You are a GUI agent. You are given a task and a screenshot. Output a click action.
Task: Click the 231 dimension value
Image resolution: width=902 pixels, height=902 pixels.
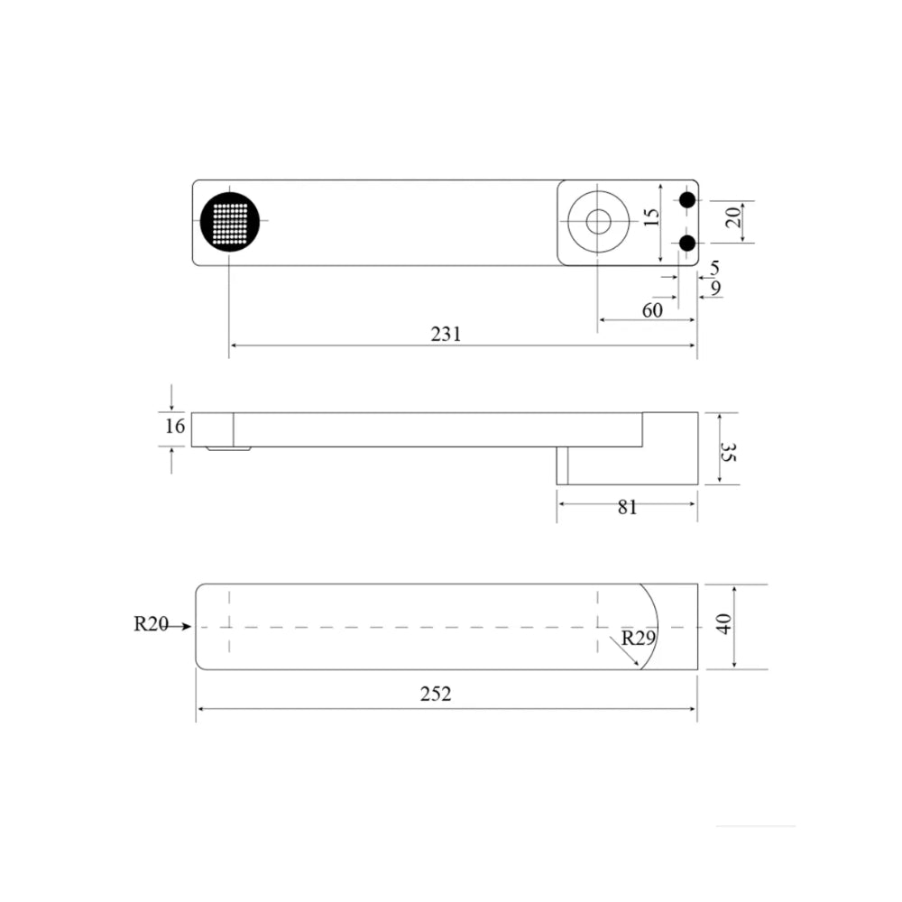coord(446,335)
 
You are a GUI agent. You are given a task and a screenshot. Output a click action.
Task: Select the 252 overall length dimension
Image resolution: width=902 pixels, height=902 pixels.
coord(436,695)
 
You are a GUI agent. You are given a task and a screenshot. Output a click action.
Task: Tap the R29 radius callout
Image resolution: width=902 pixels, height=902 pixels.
coord(639,638)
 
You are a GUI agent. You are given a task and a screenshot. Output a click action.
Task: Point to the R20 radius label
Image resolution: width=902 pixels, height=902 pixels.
coord(151,623)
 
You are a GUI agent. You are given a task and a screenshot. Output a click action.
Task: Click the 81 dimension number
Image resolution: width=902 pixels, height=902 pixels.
coord(628,507)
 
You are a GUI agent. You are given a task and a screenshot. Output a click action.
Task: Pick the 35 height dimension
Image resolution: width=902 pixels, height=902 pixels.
coord(728,452)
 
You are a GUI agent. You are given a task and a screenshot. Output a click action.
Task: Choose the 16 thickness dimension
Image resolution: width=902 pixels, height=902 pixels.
coord(175,427)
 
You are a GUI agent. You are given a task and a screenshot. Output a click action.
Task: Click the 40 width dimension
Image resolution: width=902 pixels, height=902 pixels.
coord(723,624)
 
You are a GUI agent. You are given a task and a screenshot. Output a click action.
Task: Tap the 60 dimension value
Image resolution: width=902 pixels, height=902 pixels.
coord(652,310)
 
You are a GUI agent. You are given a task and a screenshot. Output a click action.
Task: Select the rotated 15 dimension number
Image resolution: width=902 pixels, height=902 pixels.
coord(650,217)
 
